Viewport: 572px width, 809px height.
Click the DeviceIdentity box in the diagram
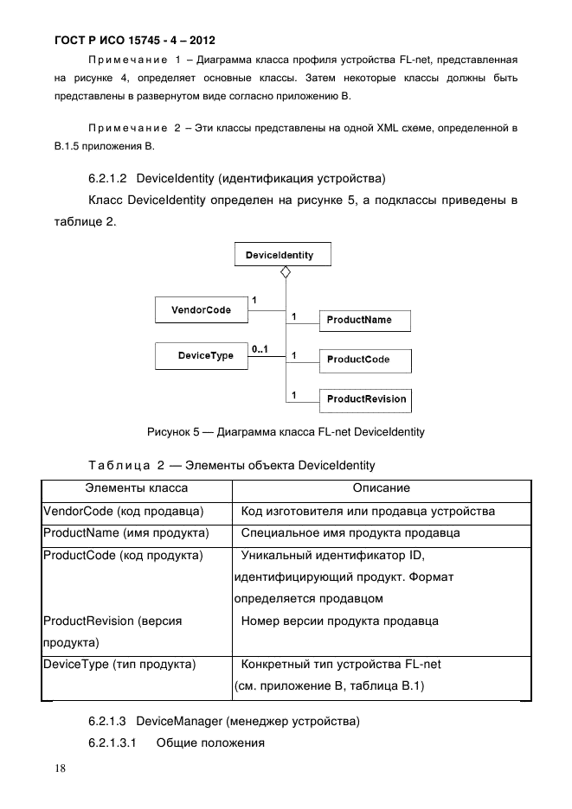281,255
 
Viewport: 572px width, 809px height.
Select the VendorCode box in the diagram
201,309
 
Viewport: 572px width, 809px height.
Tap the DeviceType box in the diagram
201,355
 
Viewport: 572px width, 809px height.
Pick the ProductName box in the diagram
363,320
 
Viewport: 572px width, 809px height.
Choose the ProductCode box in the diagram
363,360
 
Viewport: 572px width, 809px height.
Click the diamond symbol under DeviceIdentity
285,272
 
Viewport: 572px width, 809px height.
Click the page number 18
58,768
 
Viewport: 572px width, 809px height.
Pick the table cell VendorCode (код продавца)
123,512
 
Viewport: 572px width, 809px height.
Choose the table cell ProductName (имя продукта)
125,533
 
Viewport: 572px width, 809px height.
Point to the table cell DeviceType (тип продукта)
119,665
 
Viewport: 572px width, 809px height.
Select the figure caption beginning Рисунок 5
285,431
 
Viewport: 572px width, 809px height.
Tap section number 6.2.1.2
108,179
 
